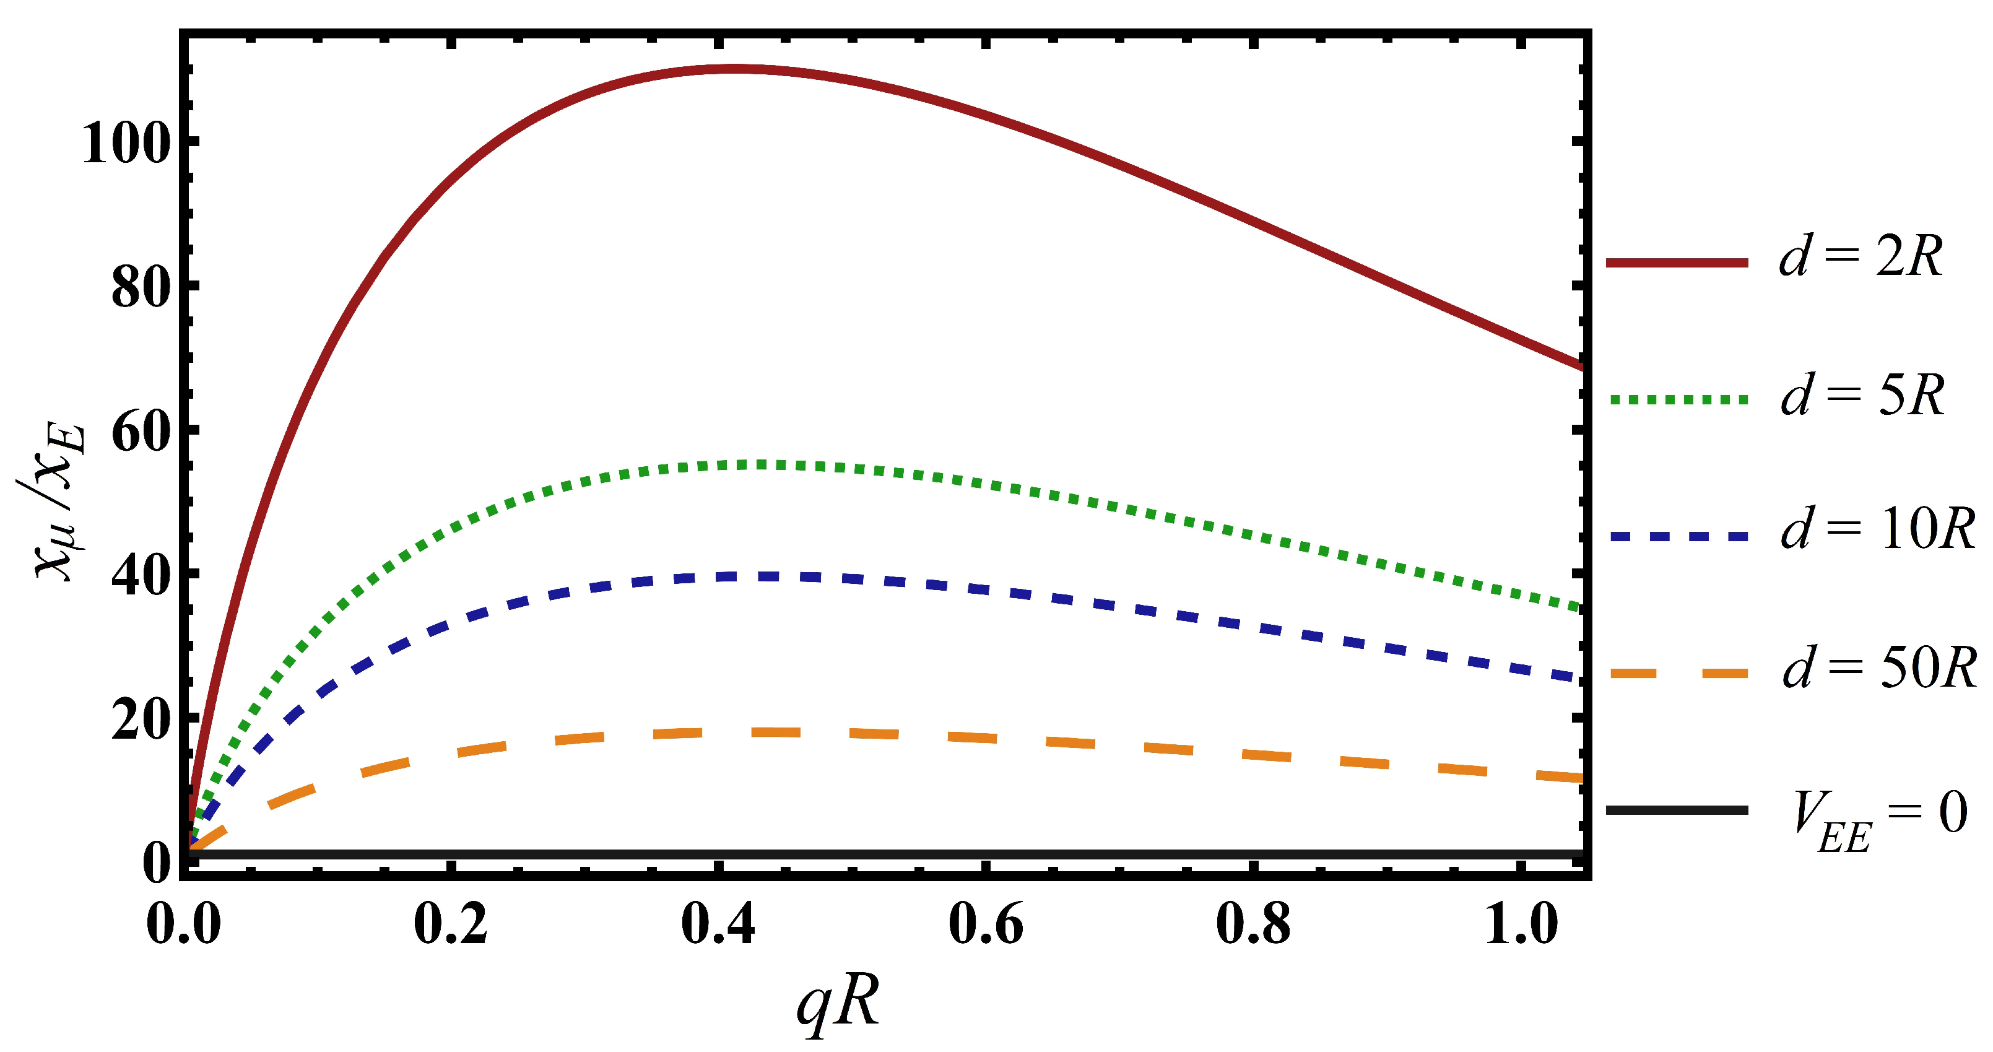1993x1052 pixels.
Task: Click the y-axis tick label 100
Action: [x=126, y=144]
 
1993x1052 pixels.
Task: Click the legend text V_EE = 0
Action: [x=1881, y=820]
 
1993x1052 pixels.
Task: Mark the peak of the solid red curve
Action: [x=731, y=69]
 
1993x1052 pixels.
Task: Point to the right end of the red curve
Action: [x=1581, y=367]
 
